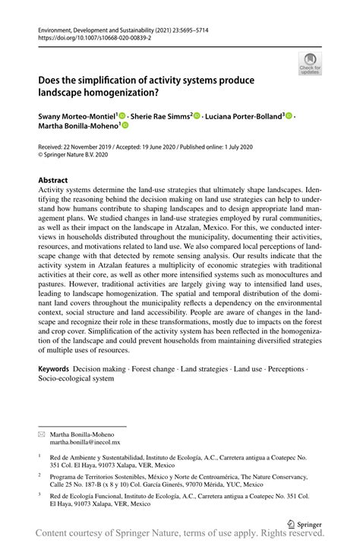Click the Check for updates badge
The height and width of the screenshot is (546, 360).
(310, 65)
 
